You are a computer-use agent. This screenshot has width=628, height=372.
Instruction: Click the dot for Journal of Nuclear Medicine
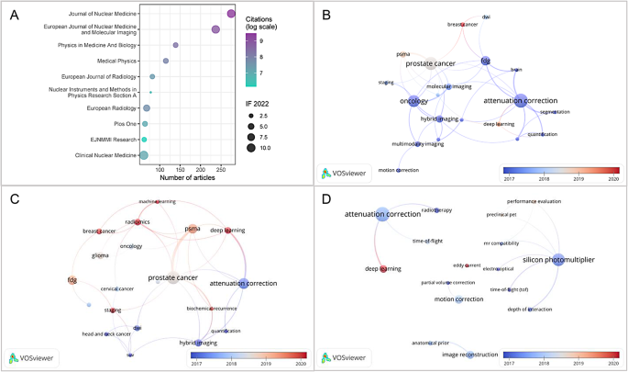click(x=232, y=14)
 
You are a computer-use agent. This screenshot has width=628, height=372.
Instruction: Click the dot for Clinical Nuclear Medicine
click(x=144, y=155)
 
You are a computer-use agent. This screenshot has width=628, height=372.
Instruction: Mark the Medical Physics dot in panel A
click(x=166, y=61)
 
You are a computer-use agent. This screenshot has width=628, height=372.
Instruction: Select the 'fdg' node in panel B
click(x=486, y=62)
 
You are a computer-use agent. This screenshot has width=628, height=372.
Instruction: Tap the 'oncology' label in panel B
click(x=414, y=101)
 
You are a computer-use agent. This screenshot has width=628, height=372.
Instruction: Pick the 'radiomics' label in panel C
click(x=138, y=220)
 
